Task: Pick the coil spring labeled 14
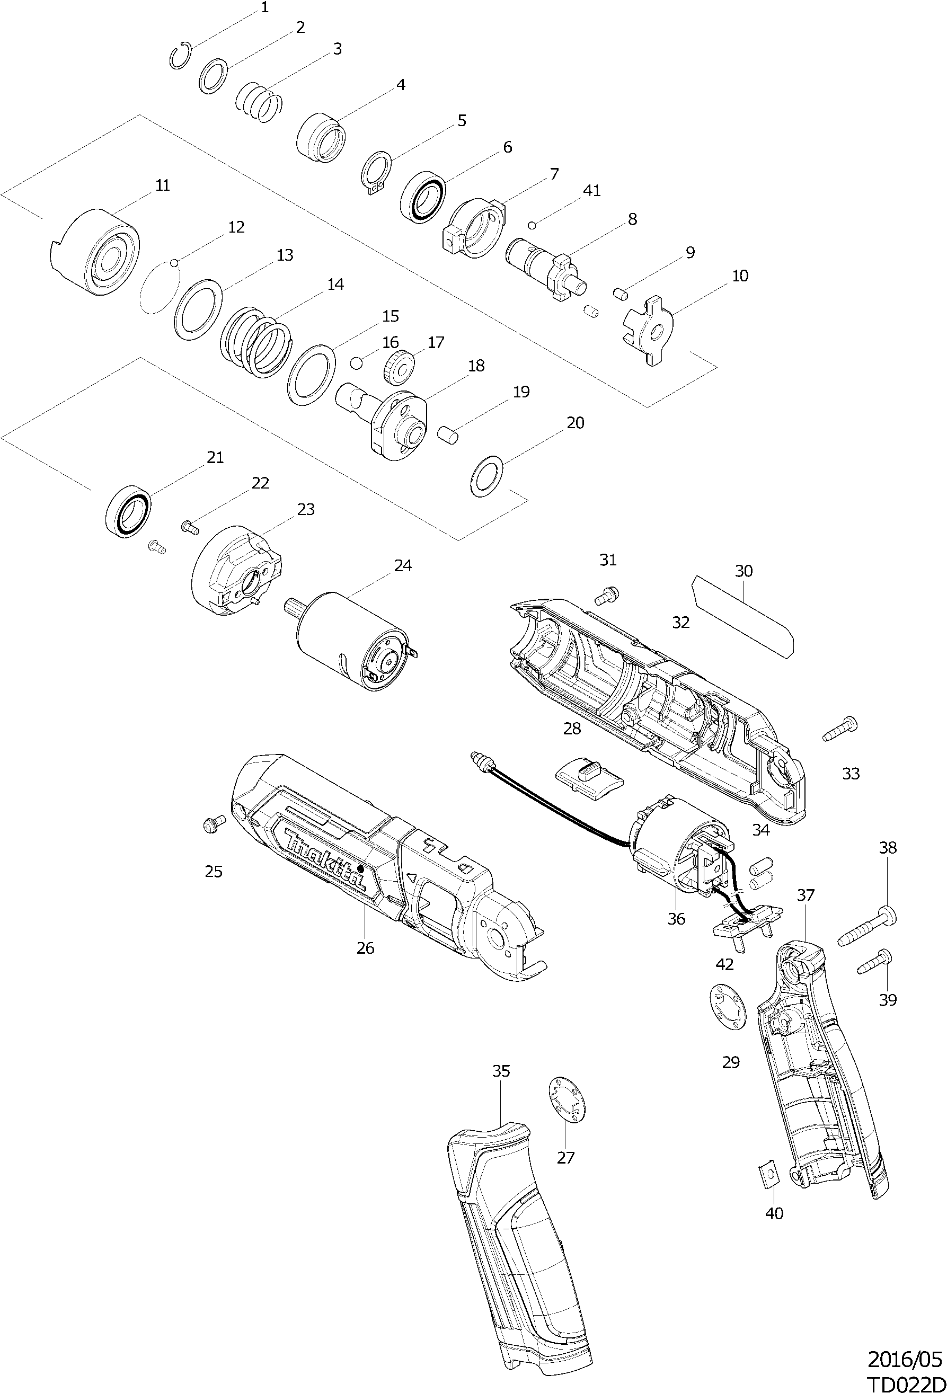pos(256,342)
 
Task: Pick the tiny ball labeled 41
pos(532,225)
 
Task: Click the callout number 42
pos(724,964)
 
